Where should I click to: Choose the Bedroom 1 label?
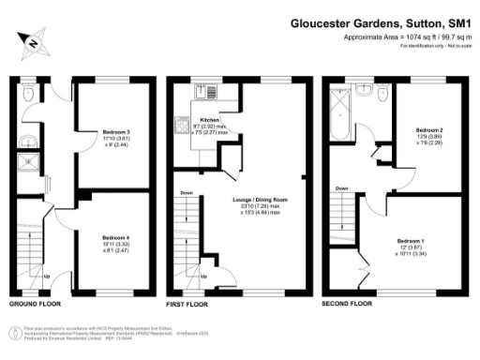point(411,240)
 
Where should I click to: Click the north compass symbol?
point(34,42)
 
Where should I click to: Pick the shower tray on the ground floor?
point(31,165)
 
